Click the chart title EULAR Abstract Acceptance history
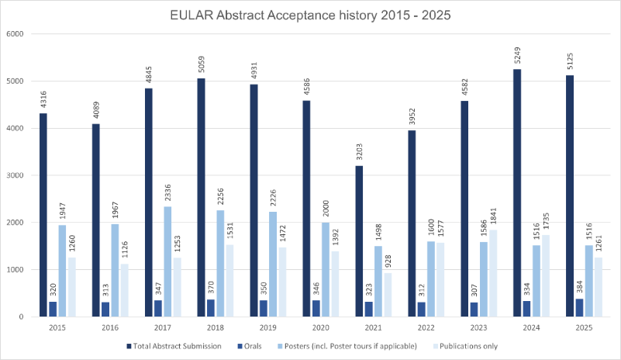pyautogui.click(x=310, y=13)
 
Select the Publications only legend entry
pyautogui.click(x=465, y=346)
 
